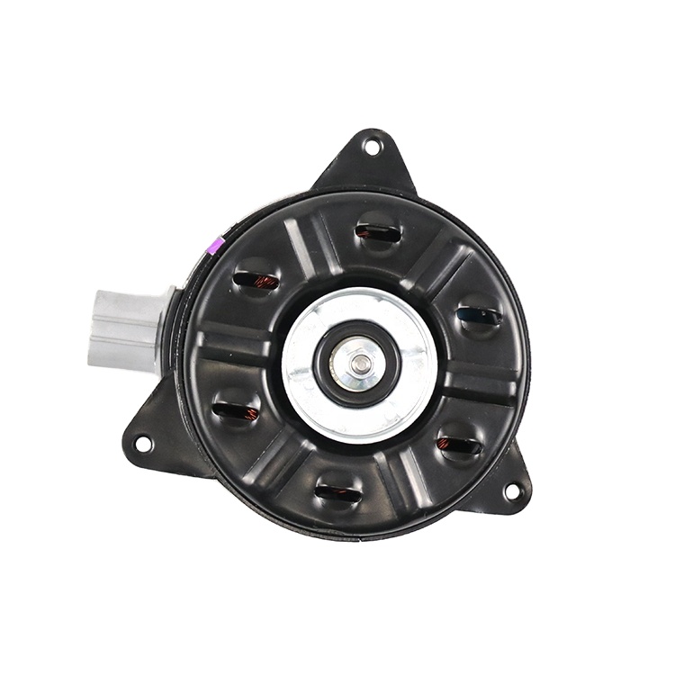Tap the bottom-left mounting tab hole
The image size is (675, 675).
click(x=142, y=443)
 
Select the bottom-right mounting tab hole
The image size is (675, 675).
click(x=511, y=491)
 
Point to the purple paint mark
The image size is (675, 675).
click(x=214, y=244)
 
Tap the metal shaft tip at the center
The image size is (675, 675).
click(x=360, y=364)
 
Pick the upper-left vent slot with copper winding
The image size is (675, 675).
click(x=257, y=280)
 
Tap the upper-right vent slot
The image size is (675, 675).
click(x=479, y=316)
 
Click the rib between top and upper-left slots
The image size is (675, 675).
click(x=306, y=243)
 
